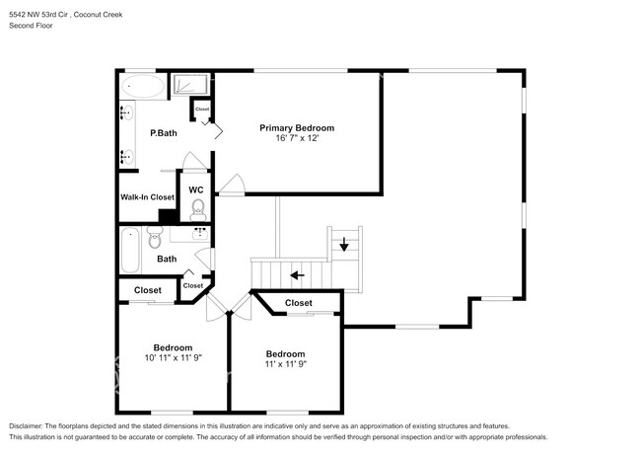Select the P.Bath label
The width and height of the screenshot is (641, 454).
click(163, 133)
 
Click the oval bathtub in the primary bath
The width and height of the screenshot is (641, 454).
click(145, 88)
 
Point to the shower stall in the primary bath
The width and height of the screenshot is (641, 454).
click(193, 86)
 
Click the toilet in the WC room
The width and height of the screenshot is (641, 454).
click(197, 208)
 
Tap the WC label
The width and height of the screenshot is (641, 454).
click(195, 189)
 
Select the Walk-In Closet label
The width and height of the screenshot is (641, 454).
click(147, 197)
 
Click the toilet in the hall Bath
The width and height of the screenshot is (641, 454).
click(154, 239)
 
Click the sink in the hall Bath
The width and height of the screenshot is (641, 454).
click(200, 234)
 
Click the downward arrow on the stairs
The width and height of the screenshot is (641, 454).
click(343, 245)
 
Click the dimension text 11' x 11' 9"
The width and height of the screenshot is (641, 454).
click(285, 365)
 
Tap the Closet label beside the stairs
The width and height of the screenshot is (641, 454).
click(298, 303)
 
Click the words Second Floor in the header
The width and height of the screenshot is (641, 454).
click(32, 26)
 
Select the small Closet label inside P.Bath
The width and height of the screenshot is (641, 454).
click(202, 109)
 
